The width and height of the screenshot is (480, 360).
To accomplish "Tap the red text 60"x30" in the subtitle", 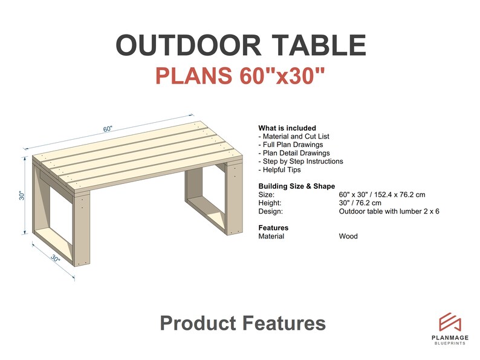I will point(282,76).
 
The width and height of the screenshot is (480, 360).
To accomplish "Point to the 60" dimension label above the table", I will point(108,129).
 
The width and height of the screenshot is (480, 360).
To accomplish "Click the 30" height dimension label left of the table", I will point(21,195).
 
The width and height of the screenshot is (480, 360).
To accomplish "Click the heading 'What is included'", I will point(287,128).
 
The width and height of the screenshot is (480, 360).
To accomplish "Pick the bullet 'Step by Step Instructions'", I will point(300,162).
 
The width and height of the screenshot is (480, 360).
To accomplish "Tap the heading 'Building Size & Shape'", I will point(296,186).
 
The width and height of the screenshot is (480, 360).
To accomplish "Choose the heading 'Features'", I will point(273,228).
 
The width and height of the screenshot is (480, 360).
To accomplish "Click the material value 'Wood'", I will point(348,237).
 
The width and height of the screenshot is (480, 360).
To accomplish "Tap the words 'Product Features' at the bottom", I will point(242,323).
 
